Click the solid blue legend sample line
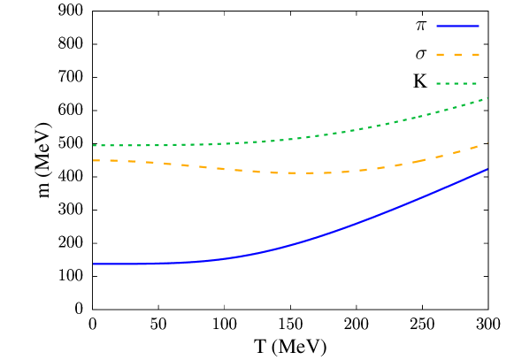tap(457, 26)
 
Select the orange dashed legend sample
tap(457, 55)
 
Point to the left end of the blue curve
tap(94, 264)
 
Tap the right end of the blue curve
tap(487, 169)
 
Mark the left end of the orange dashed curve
tap(94, 160)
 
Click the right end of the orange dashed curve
tap(487, 144)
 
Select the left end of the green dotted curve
tap(94, 145)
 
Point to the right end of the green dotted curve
tap(487, 98)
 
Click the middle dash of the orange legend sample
tap(457, 55)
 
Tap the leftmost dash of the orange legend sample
tap(440, 55)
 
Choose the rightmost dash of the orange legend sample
tap(476, 55)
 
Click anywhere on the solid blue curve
tap(354, 224)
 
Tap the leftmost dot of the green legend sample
tap(438, 83)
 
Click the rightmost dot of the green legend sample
tap(474, 83)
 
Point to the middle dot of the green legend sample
tap(456, 83)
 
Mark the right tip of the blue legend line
tap(479, 26)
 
